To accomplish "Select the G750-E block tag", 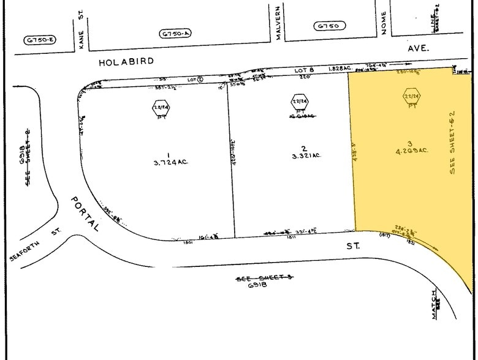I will [40, 40].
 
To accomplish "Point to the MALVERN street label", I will [278, 24].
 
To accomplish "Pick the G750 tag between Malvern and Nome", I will [330, 26].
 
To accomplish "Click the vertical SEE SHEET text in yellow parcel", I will [453, 142].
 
